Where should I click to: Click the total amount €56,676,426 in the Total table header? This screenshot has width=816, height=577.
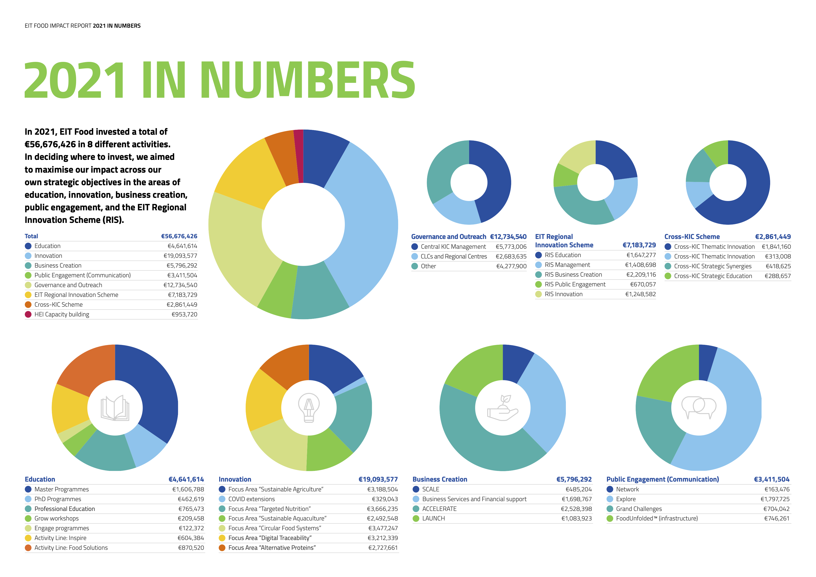(179, 236)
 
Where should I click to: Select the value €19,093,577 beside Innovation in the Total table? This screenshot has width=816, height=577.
(180, 256)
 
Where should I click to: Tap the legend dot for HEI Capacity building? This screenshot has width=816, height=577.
(28, 314)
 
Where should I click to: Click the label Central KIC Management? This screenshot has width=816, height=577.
(453, 247)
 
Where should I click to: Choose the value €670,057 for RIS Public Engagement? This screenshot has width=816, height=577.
(643, 284)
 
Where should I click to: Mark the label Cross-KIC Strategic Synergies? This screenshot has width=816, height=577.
(713, 266)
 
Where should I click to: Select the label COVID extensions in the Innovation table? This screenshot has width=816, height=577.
(252, 499)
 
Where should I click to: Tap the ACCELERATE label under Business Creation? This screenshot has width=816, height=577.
(439, 509)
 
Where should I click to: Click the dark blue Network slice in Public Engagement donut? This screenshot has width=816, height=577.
(707, 362)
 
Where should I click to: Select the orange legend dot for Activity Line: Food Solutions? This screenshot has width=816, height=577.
(28, 548)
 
